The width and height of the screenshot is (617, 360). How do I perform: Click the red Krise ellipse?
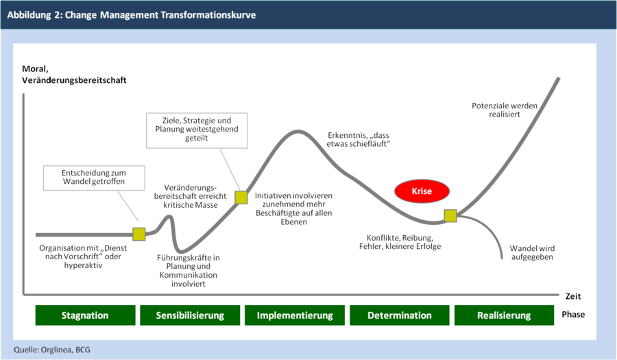pos(422,191)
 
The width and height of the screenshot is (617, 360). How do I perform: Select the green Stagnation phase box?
pos(86,315)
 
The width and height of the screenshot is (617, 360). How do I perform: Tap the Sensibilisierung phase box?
pos(190,315)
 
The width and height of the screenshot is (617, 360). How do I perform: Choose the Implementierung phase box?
pos(295,315)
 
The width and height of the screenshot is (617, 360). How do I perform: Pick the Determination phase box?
pos(400,315)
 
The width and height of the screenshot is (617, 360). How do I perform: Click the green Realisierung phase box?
pos(504,315)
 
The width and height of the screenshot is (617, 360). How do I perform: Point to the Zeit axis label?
pos(573,296)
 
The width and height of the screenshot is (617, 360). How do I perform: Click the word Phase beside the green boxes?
pos(573,314)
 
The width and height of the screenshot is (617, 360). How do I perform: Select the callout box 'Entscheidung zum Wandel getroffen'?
pos(94,178)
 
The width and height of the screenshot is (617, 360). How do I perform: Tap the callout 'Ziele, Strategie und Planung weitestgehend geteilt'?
pos(197,130)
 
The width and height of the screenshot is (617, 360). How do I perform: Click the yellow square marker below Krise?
pos(450,215)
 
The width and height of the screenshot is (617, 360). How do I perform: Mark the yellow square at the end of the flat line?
pos(139,234)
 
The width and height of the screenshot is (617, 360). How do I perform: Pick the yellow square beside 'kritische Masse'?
pos(241,197)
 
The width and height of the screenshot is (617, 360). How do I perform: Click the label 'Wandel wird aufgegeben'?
pos(532,252)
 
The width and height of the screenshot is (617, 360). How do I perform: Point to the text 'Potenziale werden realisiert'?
pos(505,110)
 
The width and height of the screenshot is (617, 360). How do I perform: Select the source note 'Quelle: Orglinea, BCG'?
pos(52,350)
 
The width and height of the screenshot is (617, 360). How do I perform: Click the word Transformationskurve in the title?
pos(208,15)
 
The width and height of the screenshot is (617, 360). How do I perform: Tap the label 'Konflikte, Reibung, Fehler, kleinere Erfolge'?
pos(400,242)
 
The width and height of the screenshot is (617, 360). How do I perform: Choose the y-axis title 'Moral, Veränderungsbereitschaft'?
pos(74,74)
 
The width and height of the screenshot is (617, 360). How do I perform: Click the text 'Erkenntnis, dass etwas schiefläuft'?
pos(358,140)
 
